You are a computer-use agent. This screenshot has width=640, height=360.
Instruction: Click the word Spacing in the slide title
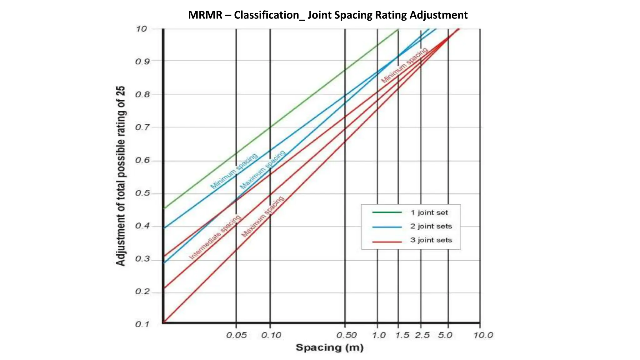[353, 15]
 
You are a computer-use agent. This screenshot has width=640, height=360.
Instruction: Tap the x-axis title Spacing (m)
[329, 347]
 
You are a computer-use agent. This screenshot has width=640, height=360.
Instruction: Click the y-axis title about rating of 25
[121, 176]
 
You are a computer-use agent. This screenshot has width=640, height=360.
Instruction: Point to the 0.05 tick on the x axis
[236, 335]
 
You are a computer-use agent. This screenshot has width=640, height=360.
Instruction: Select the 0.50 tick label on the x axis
[346, 335]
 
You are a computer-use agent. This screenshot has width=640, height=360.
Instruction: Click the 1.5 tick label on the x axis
[402, 335]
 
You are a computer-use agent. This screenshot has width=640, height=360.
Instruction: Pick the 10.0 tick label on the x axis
[483, 335]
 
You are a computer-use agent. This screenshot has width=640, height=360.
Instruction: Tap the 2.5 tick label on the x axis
[422, 335]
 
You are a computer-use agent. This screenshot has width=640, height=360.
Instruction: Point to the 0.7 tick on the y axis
[142, 127]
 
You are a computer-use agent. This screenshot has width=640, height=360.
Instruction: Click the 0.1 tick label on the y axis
[142, 324]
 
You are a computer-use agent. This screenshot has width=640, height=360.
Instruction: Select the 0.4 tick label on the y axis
[142, 226]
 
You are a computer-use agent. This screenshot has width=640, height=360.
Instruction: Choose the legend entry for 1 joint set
[429, 213]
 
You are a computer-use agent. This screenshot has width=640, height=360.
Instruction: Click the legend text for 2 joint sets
[431, 226]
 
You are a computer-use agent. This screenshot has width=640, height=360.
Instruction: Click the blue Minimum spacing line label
[234, 171]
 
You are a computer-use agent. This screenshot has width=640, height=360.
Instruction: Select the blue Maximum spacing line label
[262, 170]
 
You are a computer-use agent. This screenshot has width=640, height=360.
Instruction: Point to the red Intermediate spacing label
[215, 237]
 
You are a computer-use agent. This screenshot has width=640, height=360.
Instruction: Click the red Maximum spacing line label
[263, 217]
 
